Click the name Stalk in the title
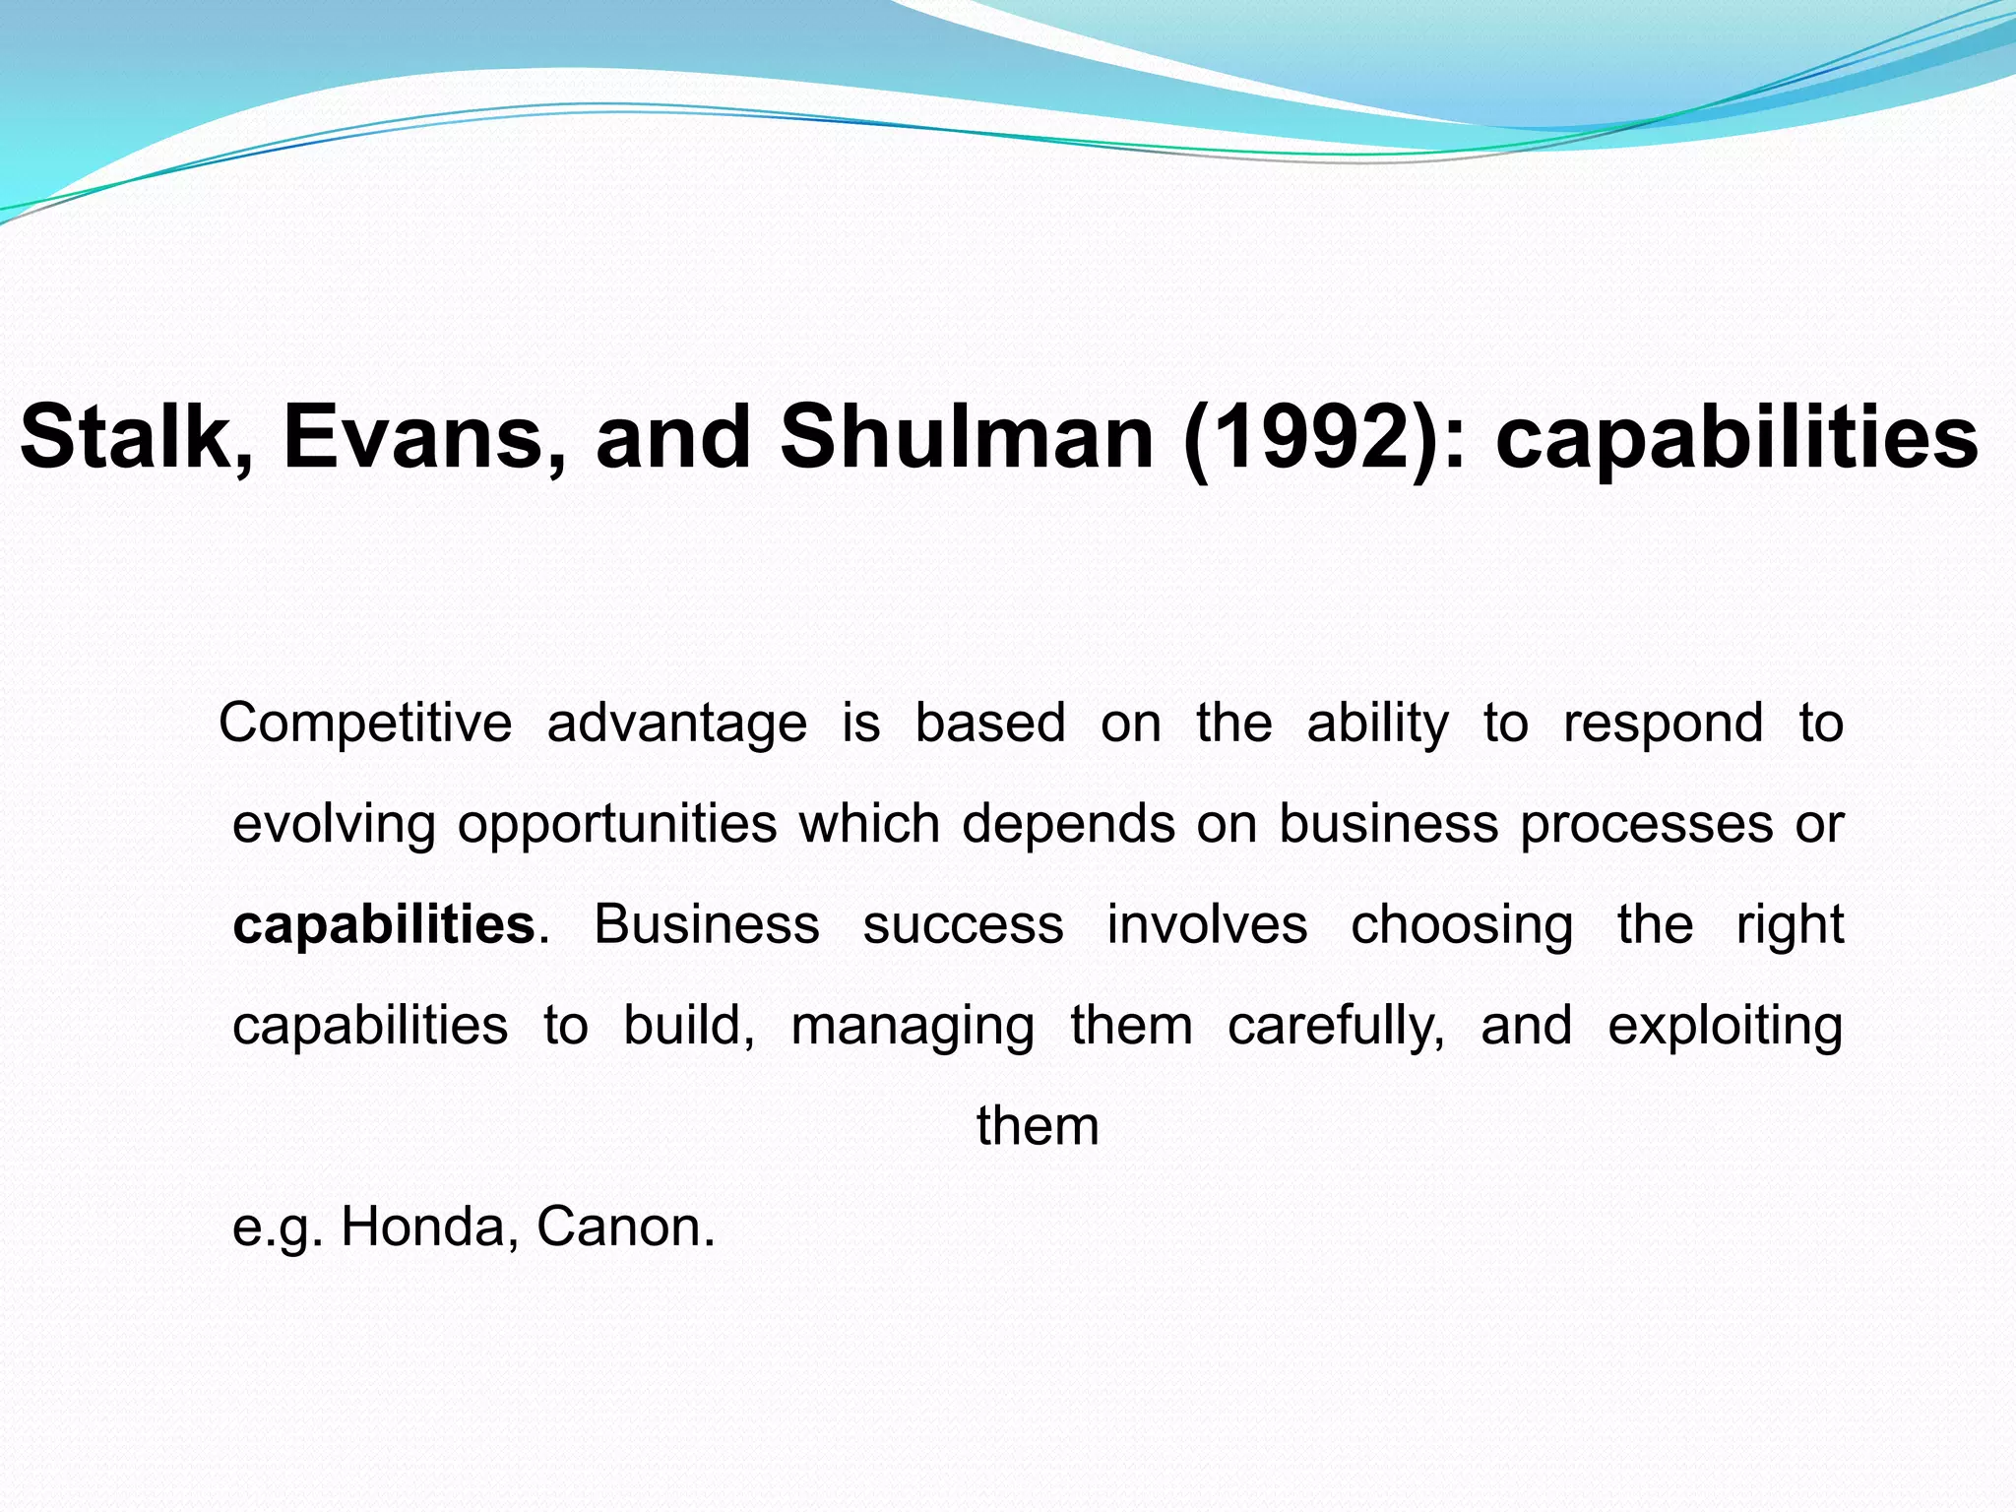126,437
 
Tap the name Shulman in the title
967,437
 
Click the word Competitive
365,723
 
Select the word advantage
677,724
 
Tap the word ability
1378,724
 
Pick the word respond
1664,724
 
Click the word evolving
334,825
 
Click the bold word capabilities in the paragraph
384,926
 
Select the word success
963,925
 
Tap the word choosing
1462,926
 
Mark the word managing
913,1027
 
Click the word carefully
1337,1027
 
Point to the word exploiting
1726,1027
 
